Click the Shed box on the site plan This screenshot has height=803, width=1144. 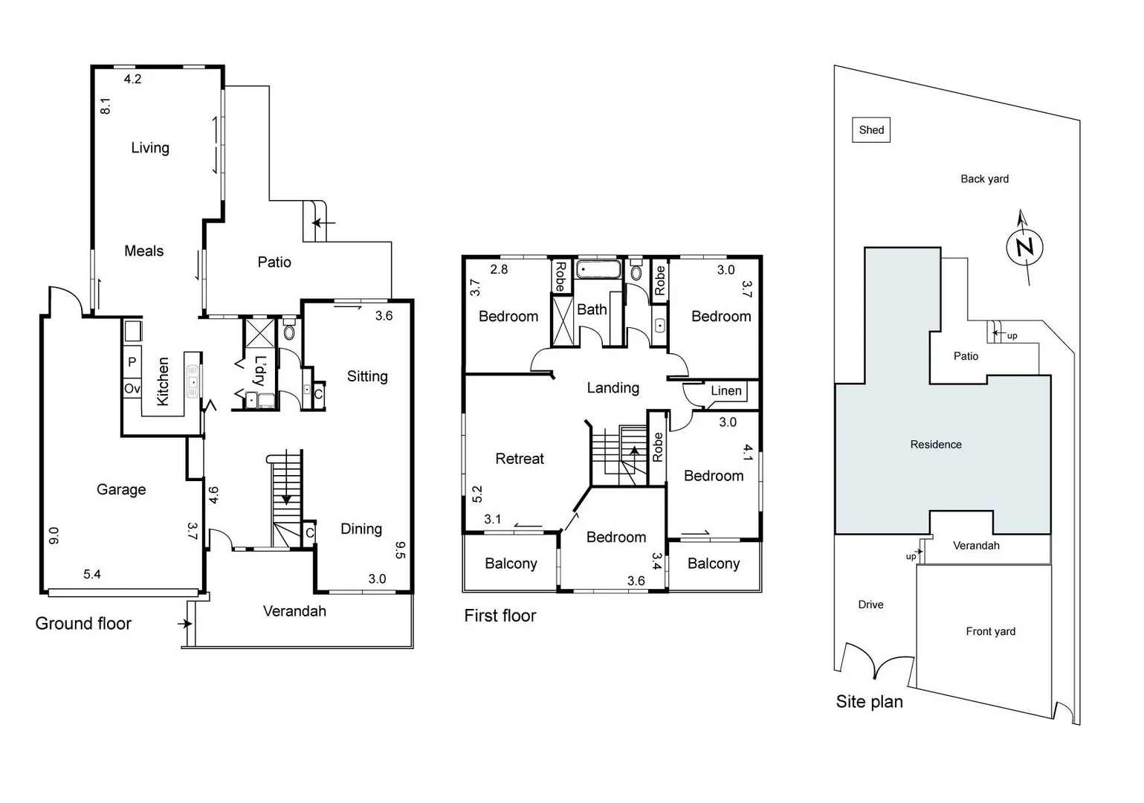click(x=870, y=130)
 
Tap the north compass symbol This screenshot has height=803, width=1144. click(x=1024, y=247)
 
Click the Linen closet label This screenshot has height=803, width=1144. click(x=725, y=391)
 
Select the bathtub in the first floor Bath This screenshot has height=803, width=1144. click(x=598, y=269)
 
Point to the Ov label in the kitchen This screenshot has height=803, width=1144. click(x=132, y=389)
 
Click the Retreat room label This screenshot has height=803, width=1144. click(x=520, y=459)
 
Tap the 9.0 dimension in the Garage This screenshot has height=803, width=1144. click(x=54, y=535)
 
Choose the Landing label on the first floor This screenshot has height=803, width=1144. click(x=613, y=387)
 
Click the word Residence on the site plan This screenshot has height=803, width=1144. click(x=936, y=445)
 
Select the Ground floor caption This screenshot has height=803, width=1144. click(x=83, y=624)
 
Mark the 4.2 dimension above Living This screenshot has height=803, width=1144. click(x=132, y=79)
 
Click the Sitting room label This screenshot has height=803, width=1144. click(x=367, y=376)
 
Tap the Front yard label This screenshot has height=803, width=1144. click(x=990, y=631)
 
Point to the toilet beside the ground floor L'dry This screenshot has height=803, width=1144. click(x=289, y=330)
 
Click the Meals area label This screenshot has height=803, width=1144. click(x=143, y=251)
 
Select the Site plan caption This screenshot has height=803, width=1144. click(x=869, y=702)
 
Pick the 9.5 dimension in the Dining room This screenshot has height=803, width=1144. click(x=400, y=550)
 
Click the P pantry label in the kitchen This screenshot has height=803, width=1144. click(x=132, y=362)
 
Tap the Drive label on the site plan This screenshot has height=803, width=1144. click(x=870, y=604)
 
